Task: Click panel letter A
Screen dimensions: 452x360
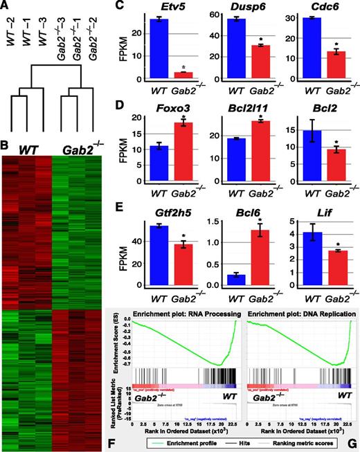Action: tap(7, 6)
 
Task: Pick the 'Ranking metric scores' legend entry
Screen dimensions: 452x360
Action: tap(309, 440)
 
